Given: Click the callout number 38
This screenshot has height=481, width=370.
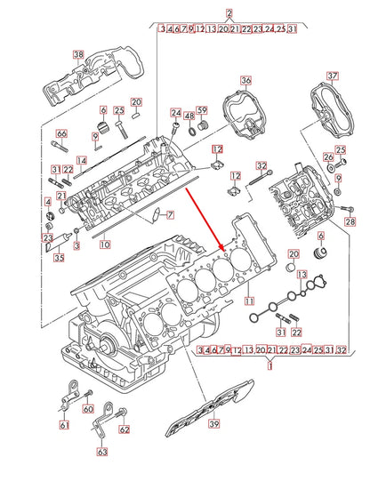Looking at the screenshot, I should pos(77,55).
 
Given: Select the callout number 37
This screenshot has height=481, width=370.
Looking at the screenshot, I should pos(333,76).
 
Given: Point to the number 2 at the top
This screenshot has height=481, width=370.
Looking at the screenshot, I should pos(229,12).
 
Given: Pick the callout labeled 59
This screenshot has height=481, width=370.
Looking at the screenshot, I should pos(202,110).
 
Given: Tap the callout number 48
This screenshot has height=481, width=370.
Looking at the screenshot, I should pos(189,116).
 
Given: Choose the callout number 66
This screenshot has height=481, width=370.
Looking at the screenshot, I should pos(60,134).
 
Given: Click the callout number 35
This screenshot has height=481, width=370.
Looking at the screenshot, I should pos(58,259).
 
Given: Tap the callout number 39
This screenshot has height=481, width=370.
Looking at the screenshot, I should pos(213,426).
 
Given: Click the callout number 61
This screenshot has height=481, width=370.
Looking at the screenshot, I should pos(63,425).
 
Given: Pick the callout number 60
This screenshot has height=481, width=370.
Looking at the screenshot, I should pos(87,409).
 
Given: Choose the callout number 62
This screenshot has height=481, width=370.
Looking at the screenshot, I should pos(124,429).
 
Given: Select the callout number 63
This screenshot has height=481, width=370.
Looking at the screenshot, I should pos(102,451).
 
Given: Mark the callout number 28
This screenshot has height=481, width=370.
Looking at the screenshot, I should pos(350,220).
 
